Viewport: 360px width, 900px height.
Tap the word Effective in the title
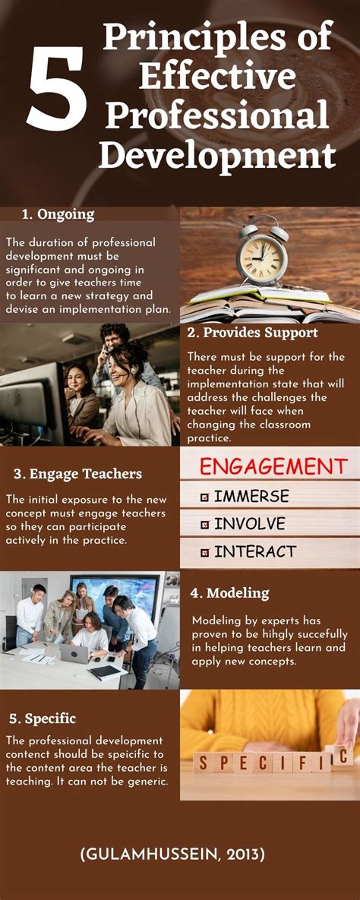217,76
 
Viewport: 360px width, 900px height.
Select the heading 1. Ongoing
58,214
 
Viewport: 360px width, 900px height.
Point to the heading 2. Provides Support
252,333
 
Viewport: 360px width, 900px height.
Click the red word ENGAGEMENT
273,466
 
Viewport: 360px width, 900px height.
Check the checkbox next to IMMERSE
204,497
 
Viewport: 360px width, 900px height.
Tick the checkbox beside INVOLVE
204,525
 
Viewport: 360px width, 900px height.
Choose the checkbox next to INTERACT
204,552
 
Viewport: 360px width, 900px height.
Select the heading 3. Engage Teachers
77,474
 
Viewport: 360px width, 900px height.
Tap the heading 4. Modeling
229,592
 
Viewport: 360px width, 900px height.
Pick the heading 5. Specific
43,718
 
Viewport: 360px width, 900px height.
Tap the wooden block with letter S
203,763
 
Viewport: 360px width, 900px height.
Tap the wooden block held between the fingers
341,756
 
